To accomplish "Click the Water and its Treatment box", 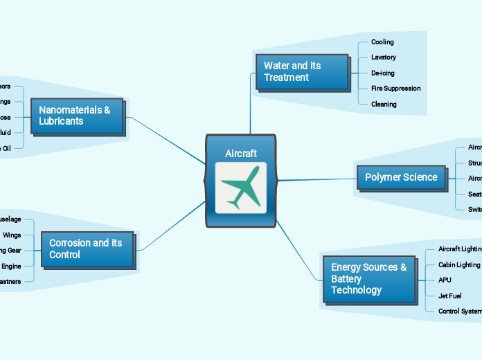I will [x=302, y=71].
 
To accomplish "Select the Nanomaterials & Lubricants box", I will [x=77, y=116].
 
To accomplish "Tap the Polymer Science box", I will [x=401, y=177].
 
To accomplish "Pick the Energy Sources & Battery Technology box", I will [x=368, y=278].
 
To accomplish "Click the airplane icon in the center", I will [x=240, y=188].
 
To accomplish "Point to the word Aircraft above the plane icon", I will [x=240, y=153].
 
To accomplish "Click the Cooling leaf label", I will [x=382, y=42].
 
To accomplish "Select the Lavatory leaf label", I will [x=384, y=57].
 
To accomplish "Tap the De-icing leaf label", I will [x=383, y=73].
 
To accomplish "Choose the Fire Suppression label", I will [x=395, y=88].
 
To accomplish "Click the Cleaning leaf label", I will [x=384, y=104].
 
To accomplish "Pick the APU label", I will [x=445, y=280].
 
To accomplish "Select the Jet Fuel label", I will [x=450, y=296].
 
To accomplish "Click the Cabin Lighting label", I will [x=459, y=264].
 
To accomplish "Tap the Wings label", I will [x=12, y=235].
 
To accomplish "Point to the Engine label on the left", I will [x=11, y=266].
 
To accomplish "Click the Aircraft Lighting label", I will [x=460, y=249].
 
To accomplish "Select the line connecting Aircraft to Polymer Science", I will [x=316, y=179].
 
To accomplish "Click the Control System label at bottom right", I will [x=460, y=311].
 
